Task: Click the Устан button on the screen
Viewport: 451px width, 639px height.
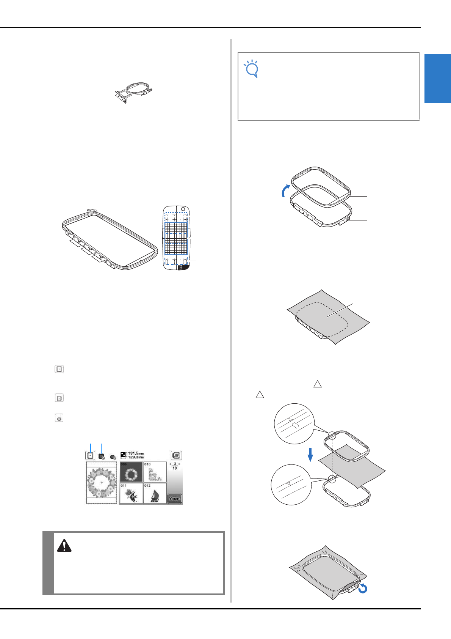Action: coord(174,498)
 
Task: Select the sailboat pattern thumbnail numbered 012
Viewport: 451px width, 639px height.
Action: coord(155,493)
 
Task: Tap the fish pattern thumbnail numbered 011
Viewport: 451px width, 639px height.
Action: coord(131,493)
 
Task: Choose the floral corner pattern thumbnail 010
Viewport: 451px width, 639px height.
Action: coord(155,472)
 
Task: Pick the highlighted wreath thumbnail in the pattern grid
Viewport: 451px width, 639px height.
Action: coord(131,472)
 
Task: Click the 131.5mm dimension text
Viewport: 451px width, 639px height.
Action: coord(136,453)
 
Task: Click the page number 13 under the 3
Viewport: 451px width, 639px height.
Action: coord(174,468)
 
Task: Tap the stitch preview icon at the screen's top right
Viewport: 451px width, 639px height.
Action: coord(176,455)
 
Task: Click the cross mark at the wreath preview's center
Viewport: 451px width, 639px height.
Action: coord(102,483)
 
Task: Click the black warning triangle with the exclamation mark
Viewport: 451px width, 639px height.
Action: coord(64,546)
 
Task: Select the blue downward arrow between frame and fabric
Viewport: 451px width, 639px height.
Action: coord(310,455)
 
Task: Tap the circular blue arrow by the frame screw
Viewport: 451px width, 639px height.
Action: coord(363,589)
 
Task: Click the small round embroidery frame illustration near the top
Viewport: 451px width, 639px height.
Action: coord(135,91)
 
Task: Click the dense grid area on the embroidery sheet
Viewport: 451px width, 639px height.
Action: coord(176,238)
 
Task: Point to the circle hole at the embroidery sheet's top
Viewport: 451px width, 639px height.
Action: coord(183,209)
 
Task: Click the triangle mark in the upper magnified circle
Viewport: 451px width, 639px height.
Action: coord(290,420)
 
